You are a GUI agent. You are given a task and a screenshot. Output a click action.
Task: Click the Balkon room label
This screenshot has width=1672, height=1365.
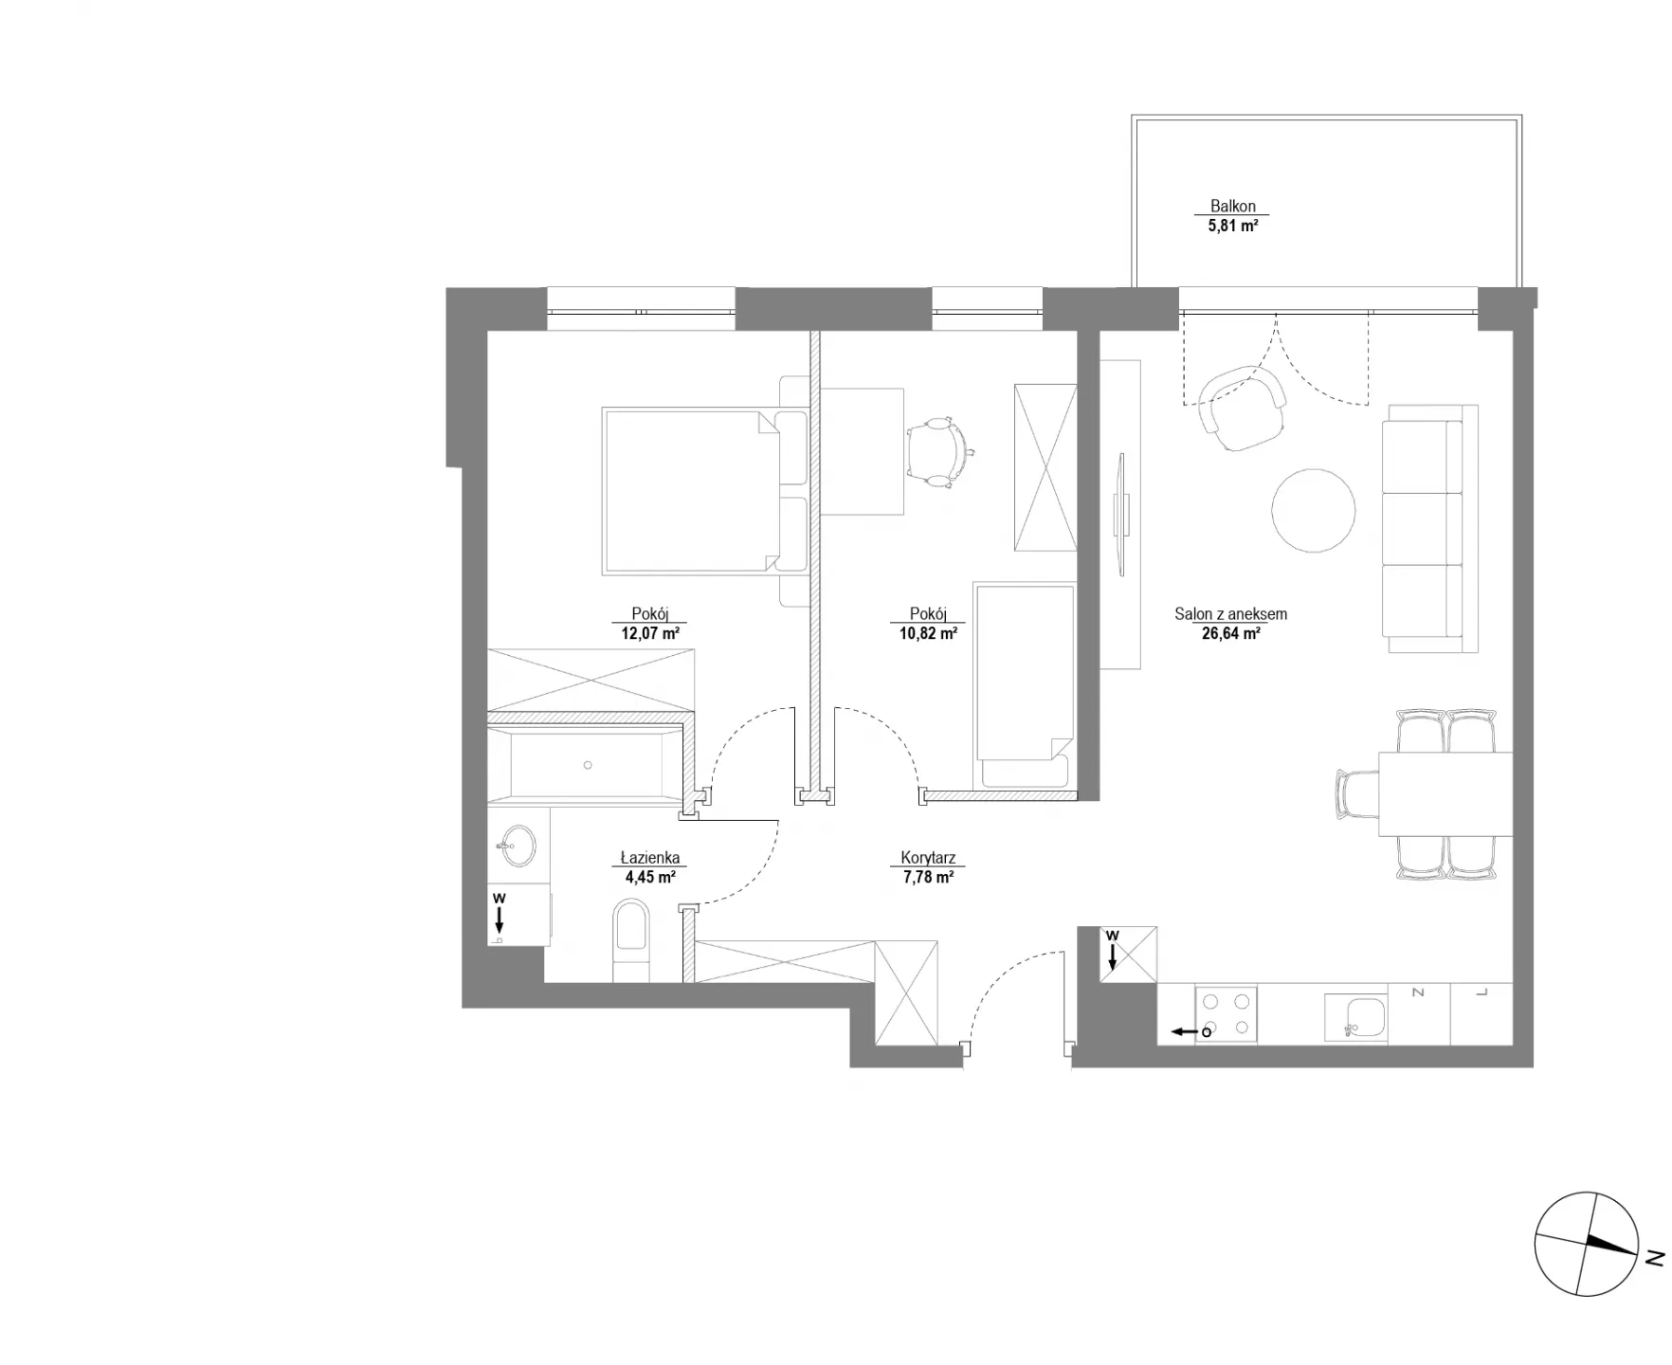coord(1232,206)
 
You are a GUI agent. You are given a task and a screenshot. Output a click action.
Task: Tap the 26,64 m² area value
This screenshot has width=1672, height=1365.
coord(1230,634)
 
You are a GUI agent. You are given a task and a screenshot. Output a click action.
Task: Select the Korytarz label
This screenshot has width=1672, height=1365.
coord(928,858)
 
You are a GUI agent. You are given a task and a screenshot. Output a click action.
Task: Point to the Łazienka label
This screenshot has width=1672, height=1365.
coord(650,858)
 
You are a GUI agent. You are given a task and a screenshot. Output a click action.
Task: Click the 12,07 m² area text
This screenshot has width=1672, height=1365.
coord(650,633)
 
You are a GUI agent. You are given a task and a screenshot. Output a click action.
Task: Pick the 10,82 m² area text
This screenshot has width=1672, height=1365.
coord(928,633)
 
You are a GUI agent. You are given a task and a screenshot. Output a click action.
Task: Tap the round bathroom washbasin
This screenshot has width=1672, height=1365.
coord(518,845)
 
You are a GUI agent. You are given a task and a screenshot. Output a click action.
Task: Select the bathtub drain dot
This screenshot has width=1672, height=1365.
coord(588,765)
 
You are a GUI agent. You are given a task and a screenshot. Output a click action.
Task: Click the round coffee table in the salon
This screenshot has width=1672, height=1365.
coord(1314,510)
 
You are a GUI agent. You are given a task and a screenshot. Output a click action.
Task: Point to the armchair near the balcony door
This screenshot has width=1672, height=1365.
coord(1242,409)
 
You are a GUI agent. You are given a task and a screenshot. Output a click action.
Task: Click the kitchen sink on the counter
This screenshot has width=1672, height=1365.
coord(1355,1017)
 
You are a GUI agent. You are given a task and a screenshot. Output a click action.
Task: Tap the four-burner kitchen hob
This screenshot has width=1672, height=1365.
coord(1227,1014)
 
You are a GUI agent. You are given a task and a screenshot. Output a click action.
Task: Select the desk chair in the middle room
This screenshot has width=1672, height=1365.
coord(938,452)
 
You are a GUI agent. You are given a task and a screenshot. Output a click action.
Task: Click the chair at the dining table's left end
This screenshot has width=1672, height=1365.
coord(1357,793)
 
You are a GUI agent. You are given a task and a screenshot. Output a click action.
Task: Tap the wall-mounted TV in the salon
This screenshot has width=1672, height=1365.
coord(1121,514)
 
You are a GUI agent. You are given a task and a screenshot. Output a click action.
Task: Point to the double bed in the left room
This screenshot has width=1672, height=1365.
coord(705,491)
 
